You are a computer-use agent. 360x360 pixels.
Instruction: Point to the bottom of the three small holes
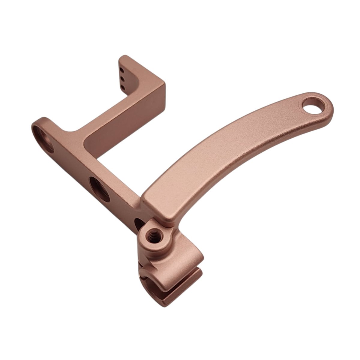point(123,87)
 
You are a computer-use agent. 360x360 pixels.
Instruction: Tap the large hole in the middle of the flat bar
point(99,189)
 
